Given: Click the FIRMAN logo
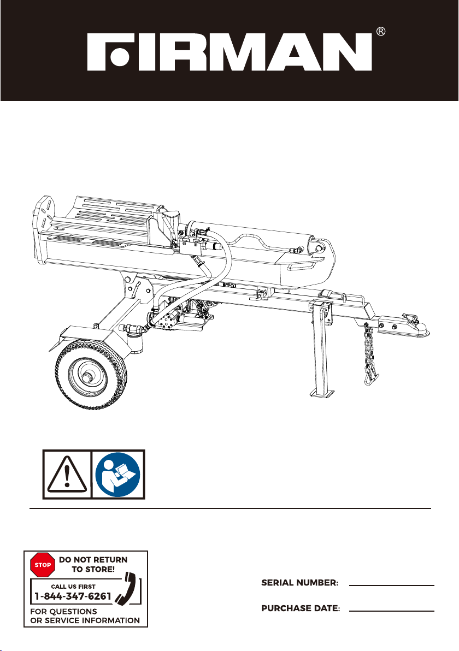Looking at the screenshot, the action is pyautogui.click(x=229, y=52).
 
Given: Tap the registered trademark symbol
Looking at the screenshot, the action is pyautogui.click(x=380, y=32).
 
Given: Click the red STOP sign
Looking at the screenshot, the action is pyautogui.click(x=43, y=565).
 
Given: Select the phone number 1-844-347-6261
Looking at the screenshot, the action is pyautogui.click(x=73, y=596).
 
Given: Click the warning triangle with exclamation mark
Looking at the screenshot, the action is pyautogui.click(x=67, y=475).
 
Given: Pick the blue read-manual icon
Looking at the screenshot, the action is pyautogui.click(x=118, y=475).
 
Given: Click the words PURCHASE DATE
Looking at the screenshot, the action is pyautogui.click(x=301, y=608).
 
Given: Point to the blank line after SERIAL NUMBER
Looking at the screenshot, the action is pyautogui.click(x=392, y=585).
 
